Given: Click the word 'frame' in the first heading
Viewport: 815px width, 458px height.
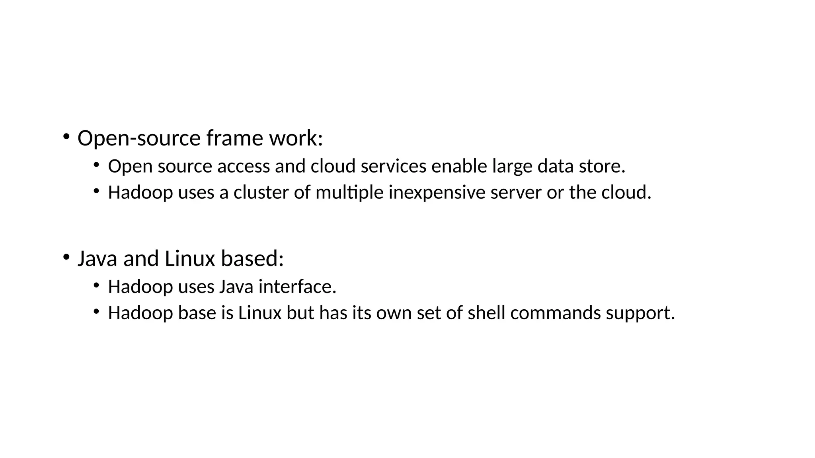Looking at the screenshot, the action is click(x=235, y=138).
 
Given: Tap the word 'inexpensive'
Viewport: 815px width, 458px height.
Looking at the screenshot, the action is click(x=437, y=193).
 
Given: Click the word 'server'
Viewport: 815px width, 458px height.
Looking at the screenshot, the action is click(x=516, y=193).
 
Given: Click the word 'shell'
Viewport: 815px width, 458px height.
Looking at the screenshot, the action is click(x=486, y=313).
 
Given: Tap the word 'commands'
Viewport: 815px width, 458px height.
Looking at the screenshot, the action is click(x=556, y=313).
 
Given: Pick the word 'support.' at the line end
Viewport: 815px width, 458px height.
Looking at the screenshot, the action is click(x=640, y=313).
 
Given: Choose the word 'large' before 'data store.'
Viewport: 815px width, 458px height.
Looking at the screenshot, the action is click(x=512, y=166).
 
